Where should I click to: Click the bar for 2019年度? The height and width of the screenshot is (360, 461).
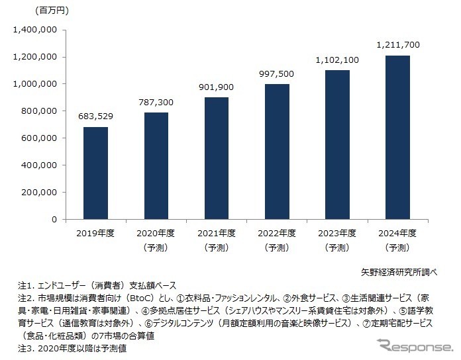[95, 173]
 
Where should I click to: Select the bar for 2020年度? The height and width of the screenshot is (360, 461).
[156, 165]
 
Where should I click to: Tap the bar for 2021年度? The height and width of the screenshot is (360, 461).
[216, 158]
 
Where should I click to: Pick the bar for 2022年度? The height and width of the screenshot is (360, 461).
[276, 152]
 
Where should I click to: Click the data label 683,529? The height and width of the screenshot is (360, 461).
[95, 116]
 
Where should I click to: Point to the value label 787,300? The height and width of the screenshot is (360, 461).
[156, 102]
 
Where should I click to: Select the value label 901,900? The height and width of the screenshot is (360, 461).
[216, 87]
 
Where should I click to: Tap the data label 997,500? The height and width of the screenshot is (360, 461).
[276, 73]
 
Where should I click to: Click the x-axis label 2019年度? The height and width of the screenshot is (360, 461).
[95, 234]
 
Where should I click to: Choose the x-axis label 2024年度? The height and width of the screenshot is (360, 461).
[397, 234]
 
